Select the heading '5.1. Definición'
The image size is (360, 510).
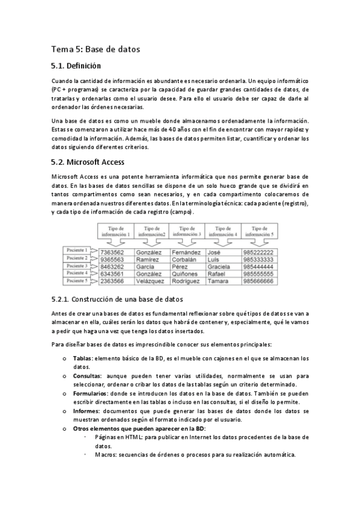coord(76,66)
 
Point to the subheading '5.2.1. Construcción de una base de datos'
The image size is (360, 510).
coord(118,299)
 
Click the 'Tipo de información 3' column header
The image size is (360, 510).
coord(187,232)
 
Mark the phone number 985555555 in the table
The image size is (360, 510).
coord(258,274)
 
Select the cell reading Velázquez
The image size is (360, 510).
coord(150,281)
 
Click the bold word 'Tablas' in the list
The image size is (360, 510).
coord(82,358)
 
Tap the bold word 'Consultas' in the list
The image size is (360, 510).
coord(87,375)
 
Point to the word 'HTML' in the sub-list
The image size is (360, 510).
coord(129,437)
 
